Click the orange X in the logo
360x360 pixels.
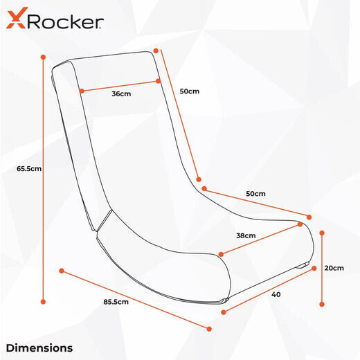tap(16, 18)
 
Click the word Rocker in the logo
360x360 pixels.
tap(66, 22)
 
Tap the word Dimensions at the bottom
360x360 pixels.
tap(39, 348)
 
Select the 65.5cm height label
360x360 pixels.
tap(29, 169)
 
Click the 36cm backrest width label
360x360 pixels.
tap(121, 94)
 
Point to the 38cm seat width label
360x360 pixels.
tap(246, 235)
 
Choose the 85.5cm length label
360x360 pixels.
tap(116, 302)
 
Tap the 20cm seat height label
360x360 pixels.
tap(334, 268)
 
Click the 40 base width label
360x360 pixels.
tap(276, 294)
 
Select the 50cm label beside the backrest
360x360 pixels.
tap(190, 91)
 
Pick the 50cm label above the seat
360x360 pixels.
tap(255, 194)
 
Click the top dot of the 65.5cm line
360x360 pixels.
tap(43, 57)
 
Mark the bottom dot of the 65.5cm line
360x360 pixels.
tap(43, 302)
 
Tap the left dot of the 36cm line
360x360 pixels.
tap(82, 91)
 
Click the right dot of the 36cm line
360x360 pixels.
tap(158, 81)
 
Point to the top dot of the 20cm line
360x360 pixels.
tap(322, 233)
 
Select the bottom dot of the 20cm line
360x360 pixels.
tap(322, 305)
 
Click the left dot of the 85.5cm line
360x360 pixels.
tap(62, 271)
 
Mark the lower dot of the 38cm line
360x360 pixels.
tap(221, 254)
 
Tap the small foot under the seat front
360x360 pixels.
tap(303, 266)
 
